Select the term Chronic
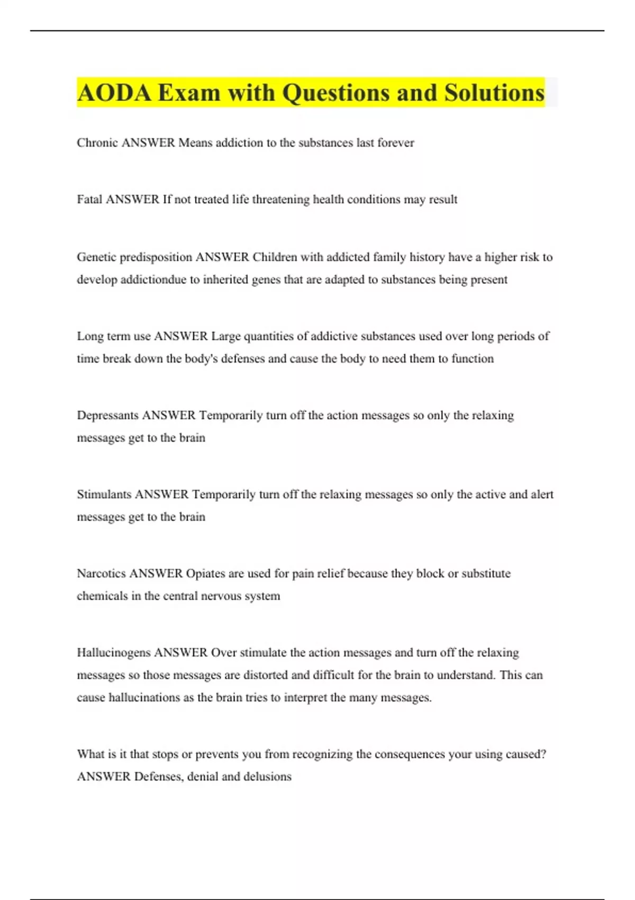[x=97, y=142]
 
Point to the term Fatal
[x=89, y=200]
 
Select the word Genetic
[x=96, y=257]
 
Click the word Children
[x=275, y=257]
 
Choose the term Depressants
[x=108, y=415]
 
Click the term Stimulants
[x=104, y=494]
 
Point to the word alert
[x=542, y=494]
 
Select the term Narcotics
[x=102, y=573]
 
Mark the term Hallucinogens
[x=114, y=653]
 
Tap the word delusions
[x=267, y=777]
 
